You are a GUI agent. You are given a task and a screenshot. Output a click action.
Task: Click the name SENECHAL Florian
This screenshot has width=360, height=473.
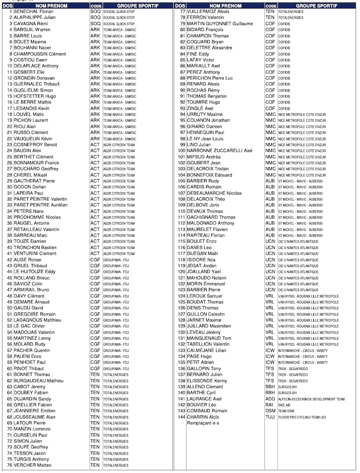[33, 11]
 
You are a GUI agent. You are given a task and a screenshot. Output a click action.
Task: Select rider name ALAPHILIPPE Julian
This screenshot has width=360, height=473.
[34, 17]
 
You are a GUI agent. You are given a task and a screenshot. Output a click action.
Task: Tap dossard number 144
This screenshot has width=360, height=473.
[181, 417]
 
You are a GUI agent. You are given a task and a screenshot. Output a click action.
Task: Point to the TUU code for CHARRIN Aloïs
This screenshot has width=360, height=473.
[270, 417]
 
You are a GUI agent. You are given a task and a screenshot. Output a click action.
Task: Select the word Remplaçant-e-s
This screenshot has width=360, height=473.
[203, 423]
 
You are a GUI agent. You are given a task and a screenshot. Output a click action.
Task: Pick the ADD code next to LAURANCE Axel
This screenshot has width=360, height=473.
[270, 399]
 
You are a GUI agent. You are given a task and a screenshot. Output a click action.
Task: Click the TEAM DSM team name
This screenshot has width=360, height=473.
[286, 411]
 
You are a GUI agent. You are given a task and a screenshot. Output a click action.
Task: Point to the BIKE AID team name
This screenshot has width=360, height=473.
[285, 405]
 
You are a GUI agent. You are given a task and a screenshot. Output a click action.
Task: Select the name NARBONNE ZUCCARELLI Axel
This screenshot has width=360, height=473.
[220, 151]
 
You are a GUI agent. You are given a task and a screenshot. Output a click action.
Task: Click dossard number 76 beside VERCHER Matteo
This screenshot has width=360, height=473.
[9, 465]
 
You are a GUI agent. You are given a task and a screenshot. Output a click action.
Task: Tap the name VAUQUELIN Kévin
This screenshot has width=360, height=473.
[34, 138]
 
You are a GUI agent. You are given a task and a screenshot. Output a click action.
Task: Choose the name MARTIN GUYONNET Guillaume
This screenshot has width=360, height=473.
[220, 24]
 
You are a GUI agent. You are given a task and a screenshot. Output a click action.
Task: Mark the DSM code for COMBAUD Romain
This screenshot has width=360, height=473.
[270, 411]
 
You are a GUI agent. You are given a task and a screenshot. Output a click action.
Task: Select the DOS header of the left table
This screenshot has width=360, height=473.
[7, 5]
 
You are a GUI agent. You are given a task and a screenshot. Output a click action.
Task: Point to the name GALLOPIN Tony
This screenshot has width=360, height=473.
[204, 369]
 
